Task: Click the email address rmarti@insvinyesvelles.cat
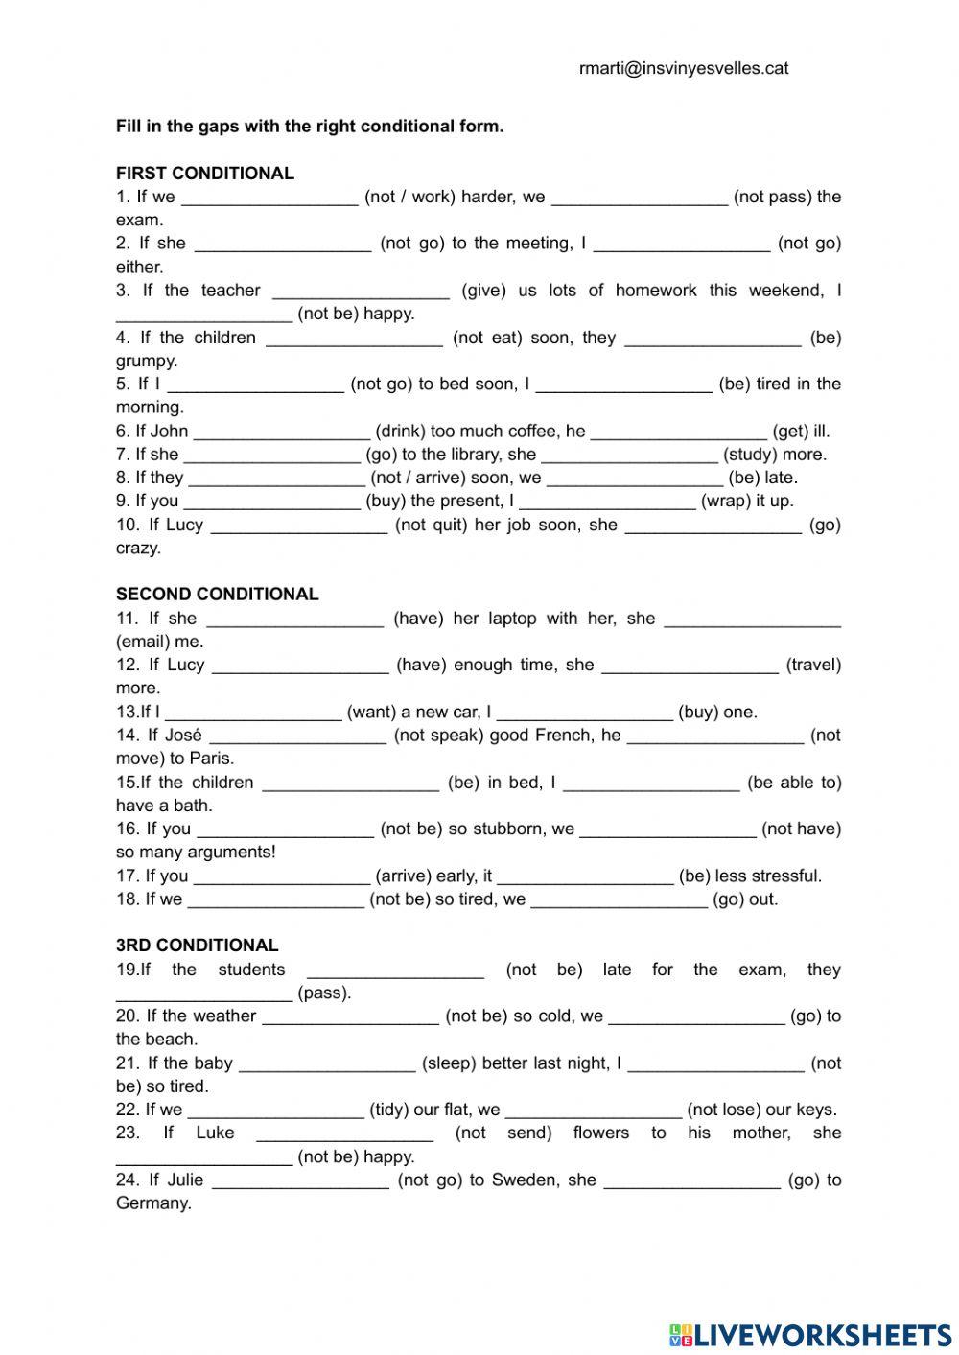point(684,68)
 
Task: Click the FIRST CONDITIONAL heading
point(205,174)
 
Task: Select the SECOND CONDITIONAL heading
point(217,594)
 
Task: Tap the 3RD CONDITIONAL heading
point(198,946)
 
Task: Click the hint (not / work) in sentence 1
point(409,197)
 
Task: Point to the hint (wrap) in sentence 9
point(731,501)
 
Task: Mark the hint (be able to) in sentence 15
point(794,783)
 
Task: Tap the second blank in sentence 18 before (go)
point(619,900)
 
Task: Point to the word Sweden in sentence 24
point(524,1180)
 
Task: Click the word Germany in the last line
point(153,1203)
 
